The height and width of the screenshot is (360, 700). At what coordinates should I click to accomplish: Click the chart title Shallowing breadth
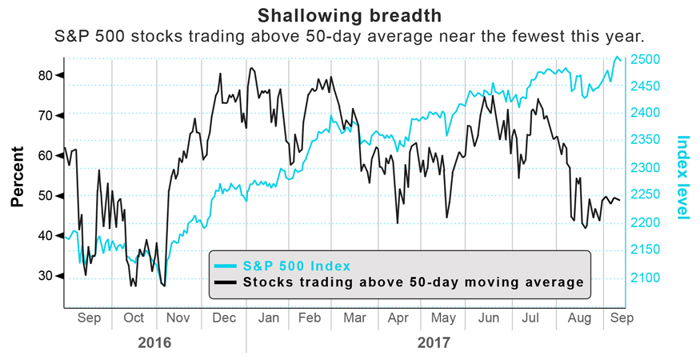[x=350, y=15]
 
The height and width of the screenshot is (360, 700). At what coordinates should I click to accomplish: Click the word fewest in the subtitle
[x=545, y=37]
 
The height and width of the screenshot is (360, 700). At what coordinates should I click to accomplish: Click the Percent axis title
[x=17, y=176]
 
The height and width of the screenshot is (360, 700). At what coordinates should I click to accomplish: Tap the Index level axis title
[x=683, y=178]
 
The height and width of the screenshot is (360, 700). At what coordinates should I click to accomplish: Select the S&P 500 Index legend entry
[x=297, y=265]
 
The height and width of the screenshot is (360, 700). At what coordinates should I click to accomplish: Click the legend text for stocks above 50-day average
[x=414, y=282]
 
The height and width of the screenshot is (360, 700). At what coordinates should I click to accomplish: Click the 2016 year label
[x=154, y=342]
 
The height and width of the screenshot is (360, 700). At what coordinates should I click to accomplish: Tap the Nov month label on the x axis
[x=178, y=318]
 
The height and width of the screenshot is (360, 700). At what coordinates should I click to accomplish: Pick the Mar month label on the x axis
[x=354, y=318]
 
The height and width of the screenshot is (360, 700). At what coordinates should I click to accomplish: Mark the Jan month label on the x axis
[x=269, y=318]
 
